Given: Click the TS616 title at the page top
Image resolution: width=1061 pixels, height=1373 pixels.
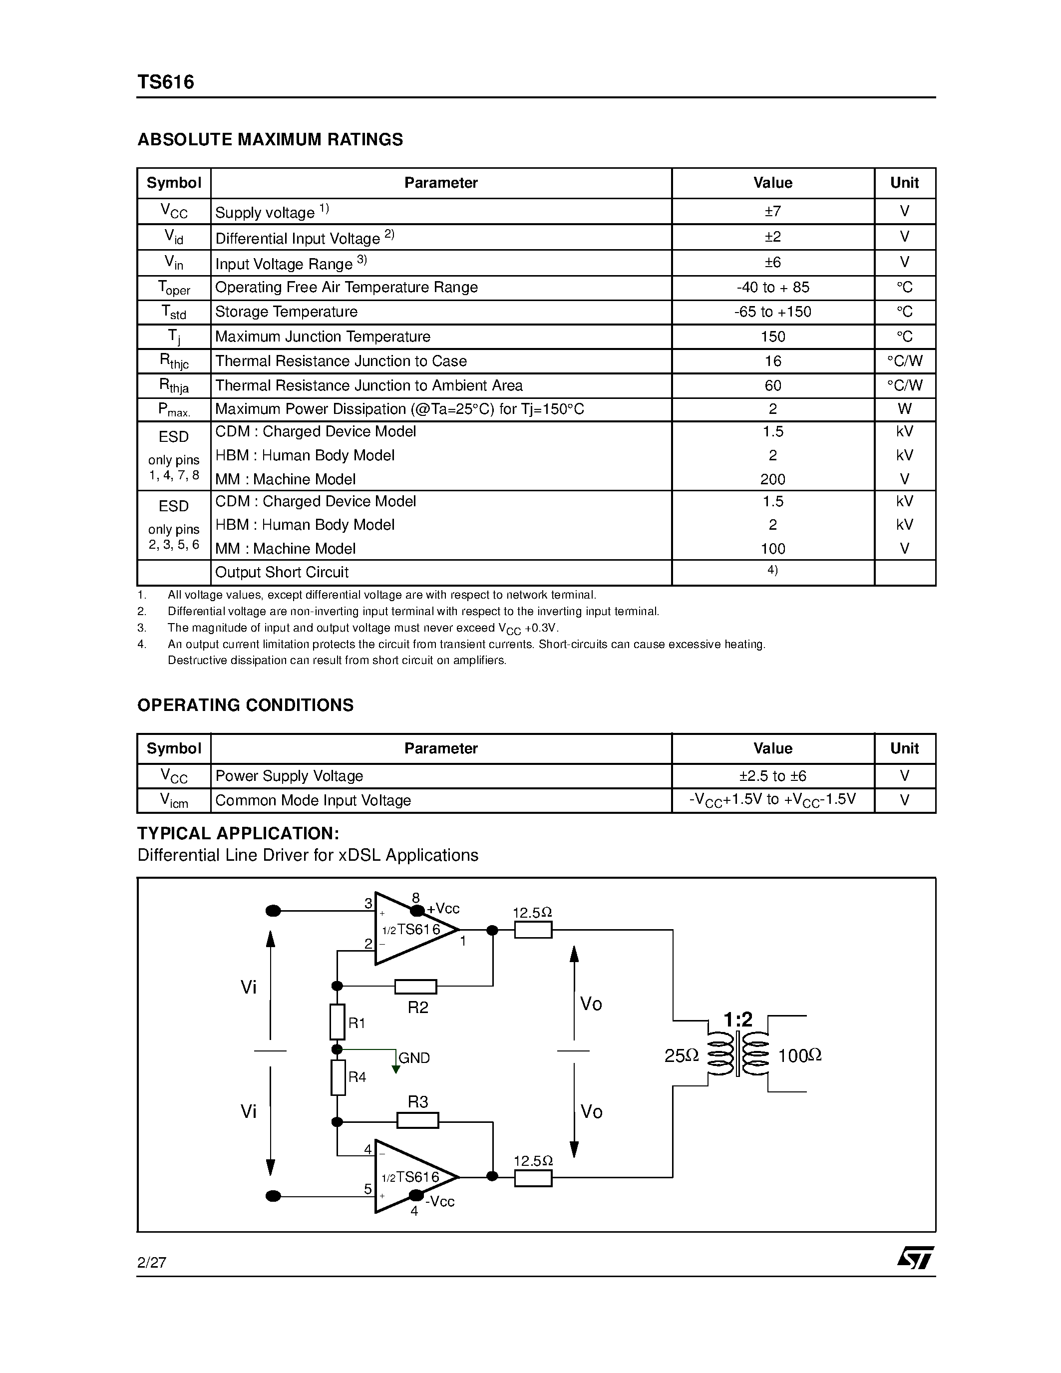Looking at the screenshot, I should pyautogui.click(x=166, y=82).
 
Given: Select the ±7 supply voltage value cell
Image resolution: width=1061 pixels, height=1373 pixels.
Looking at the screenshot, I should pyautogui.click(x=772, y=211).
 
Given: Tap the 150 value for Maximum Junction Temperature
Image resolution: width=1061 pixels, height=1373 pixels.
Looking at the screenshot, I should pyautogui.click(x=772, y=337).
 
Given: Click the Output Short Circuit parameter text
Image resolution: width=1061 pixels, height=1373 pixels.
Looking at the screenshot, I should pyautogui.click(x=282, y=573).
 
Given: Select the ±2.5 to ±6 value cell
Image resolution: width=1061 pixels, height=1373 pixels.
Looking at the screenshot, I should pyautogui.click(x=772, y=776).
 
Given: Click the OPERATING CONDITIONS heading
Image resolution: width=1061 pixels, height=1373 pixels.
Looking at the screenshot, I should pyautogui.click(x=245, y=705).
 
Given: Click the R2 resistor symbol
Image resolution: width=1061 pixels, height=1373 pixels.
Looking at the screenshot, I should pyautogui.click(x=415, y=987).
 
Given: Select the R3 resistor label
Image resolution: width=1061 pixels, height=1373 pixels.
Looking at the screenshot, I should pyautogui.click(x=418, y=1102).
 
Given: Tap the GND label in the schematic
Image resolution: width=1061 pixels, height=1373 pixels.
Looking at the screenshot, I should pyautogui.click(x=414, y=1058).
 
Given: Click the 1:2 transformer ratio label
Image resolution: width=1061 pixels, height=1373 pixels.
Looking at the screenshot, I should pyautogui.click(x=737, y=1020).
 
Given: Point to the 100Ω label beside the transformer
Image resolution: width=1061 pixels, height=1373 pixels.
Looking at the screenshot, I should pyautogui.click(x=799, y=1056).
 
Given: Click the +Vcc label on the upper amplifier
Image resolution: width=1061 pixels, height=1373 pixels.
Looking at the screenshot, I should pyautogui.click(x=443, y=909).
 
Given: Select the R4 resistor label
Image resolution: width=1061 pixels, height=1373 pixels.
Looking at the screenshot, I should pyautogui.click(x=357, y=1077).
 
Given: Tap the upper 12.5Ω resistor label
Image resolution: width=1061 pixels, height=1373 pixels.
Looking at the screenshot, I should pyautogui.click(x=532, y=913).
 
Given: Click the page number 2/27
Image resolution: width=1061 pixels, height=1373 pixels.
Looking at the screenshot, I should pyautogui.click(x=151, y=1263).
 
